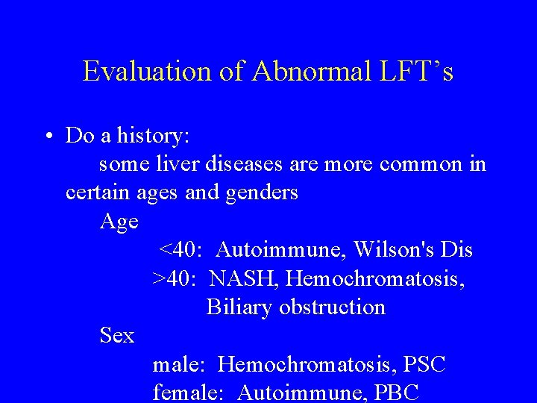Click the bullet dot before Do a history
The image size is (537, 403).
pos(47,137)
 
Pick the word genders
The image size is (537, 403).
pos(258,193)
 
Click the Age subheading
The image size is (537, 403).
pos(119,222)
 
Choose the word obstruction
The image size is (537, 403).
pos(332,307)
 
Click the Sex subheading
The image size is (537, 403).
pos(117,336)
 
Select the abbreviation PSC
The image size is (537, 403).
pos(424,364)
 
